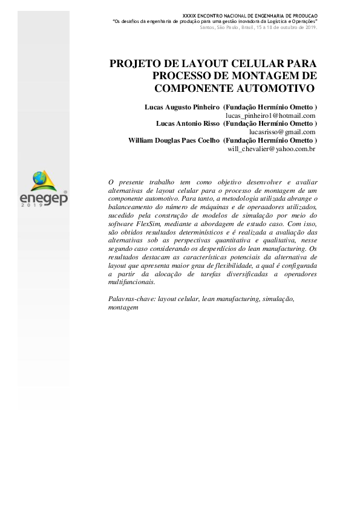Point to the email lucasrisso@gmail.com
click(x=283, y=131)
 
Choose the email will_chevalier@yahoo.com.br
click(x=272, y=148)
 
